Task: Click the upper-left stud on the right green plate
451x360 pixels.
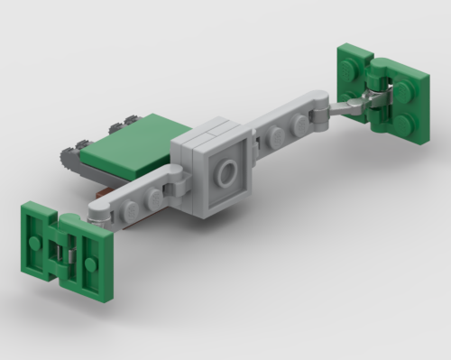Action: tap(350, 59)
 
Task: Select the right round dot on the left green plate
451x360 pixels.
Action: tap(91, 263)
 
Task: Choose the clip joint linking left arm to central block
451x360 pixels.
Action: tap(179, 184)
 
